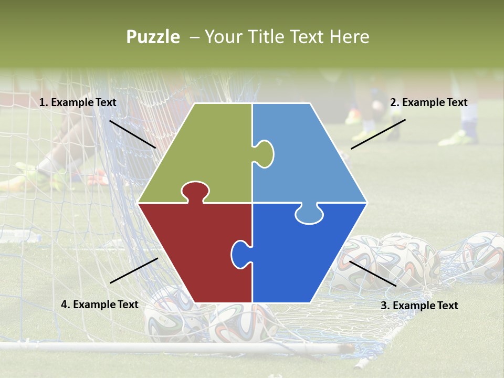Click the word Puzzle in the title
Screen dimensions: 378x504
point(153,37)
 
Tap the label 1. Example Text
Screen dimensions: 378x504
point(78,102)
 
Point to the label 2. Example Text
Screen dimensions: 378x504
point(428,102)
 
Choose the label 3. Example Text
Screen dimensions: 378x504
point(419,306)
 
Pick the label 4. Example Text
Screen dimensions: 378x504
point(100,304)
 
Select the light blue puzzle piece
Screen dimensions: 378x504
point(310,157)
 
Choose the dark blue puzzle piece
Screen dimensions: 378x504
point(299,257)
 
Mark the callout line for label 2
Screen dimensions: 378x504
point(378,134)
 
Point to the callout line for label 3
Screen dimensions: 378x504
point(373,274)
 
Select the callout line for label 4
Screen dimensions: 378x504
point(134,270)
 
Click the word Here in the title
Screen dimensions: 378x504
point(350,37)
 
